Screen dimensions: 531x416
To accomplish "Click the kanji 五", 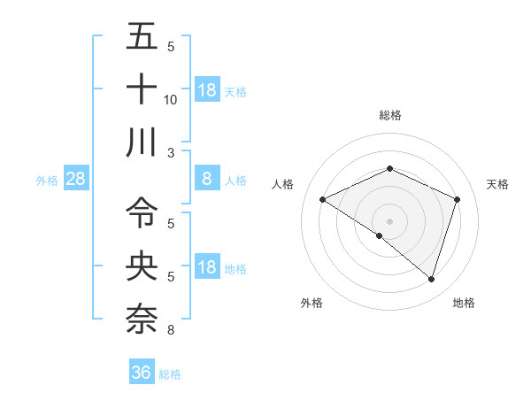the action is point(142,37).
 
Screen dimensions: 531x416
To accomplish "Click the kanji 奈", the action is point(142,317).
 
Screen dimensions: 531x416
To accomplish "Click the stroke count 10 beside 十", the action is point(171,100).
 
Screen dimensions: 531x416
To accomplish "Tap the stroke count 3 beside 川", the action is point(171,153).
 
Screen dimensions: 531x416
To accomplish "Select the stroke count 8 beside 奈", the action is point(171,330).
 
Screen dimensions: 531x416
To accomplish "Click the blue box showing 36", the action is point(142,373).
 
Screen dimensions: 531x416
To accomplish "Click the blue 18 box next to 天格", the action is point(207,90).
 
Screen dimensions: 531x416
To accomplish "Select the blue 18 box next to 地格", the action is point(207,268).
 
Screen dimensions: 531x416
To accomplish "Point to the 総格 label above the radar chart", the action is point(390,115).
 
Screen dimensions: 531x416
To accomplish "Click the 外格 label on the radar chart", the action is point(312,303).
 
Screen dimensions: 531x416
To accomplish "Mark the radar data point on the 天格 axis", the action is point(458,199).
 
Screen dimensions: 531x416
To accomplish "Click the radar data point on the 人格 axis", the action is point(323,199).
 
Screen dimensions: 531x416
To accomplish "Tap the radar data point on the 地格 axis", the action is point(432,279).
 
